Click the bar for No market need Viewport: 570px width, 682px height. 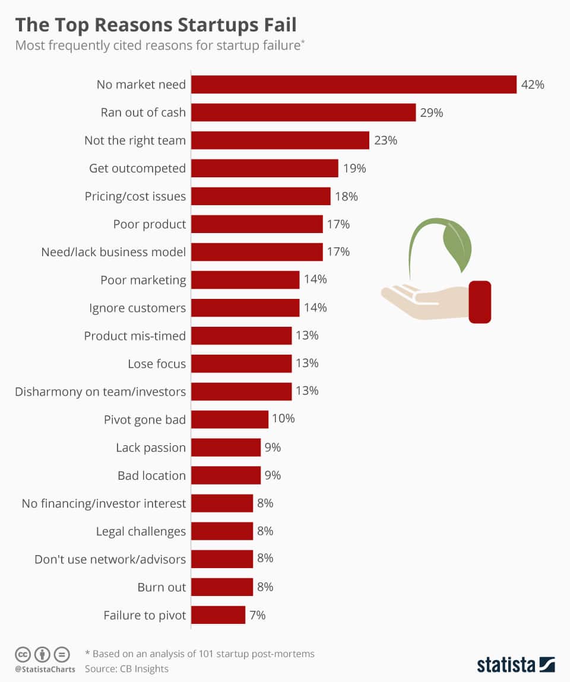354,85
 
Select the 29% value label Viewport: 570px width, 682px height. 432,113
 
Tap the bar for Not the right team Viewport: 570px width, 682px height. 280,141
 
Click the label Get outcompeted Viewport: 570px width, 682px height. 137,168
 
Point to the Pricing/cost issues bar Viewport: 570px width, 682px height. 261,196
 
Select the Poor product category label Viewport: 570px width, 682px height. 150,224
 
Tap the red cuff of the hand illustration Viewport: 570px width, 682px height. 480,302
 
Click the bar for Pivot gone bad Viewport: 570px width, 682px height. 230,419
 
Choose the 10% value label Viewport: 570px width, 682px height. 283,419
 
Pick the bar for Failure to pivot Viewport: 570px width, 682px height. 218,615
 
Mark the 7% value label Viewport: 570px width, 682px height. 258,615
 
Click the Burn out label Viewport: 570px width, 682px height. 161,587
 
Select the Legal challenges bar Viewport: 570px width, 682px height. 222,531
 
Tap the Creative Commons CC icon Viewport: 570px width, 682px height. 23,655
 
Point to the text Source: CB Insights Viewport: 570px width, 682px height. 126,669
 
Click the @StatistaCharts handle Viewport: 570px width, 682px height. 45,670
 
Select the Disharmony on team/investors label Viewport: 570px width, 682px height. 100,391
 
